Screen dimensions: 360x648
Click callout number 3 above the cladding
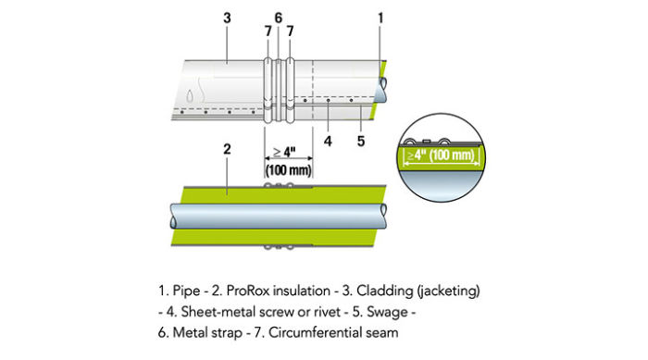point(227,16)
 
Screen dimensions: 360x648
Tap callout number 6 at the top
point(278,16)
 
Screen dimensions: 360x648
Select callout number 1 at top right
point(381,16)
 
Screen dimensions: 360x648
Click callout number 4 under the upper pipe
point(328,142)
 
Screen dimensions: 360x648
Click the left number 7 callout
point(268,31)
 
